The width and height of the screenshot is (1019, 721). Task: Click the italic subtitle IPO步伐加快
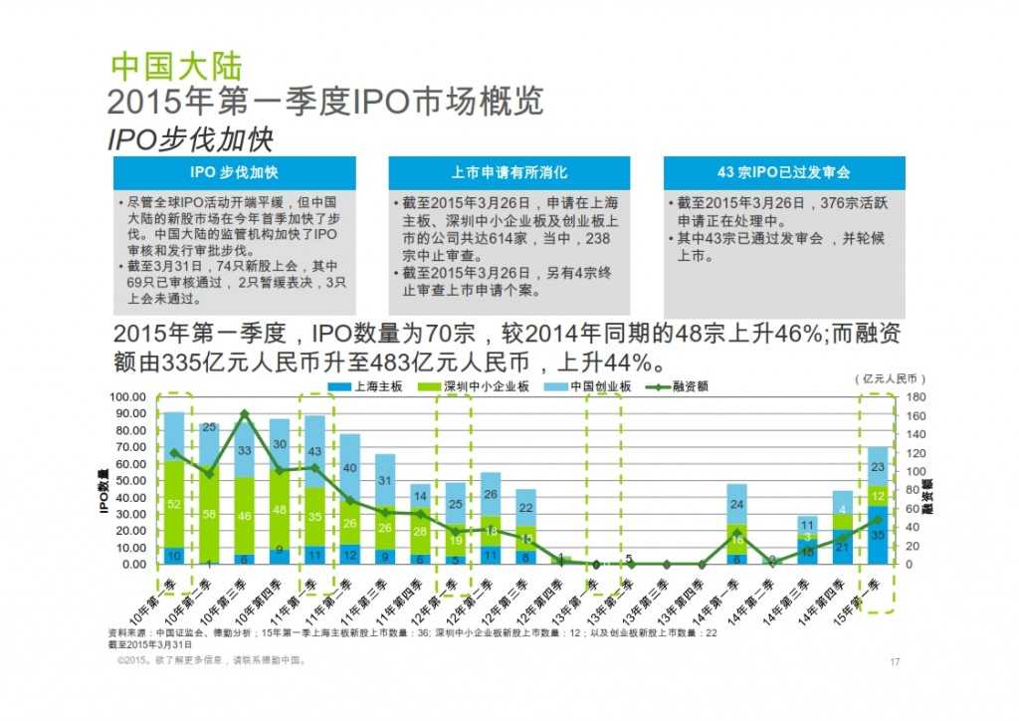[x=189, y=138]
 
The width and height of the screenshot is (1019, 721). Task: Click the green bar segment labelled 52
[x=174, y=504]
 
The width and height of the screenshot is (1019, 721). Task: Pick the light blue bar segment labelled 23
[x=877, y=466]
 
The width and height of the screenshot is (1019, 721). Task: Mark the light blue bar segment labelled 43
[x=314, y=451]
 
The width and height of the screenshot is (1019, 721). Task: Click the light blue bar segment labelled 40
[x=350, y=468]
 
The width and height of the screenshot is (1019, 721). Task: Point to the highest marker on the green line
[x=245, y=413]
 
